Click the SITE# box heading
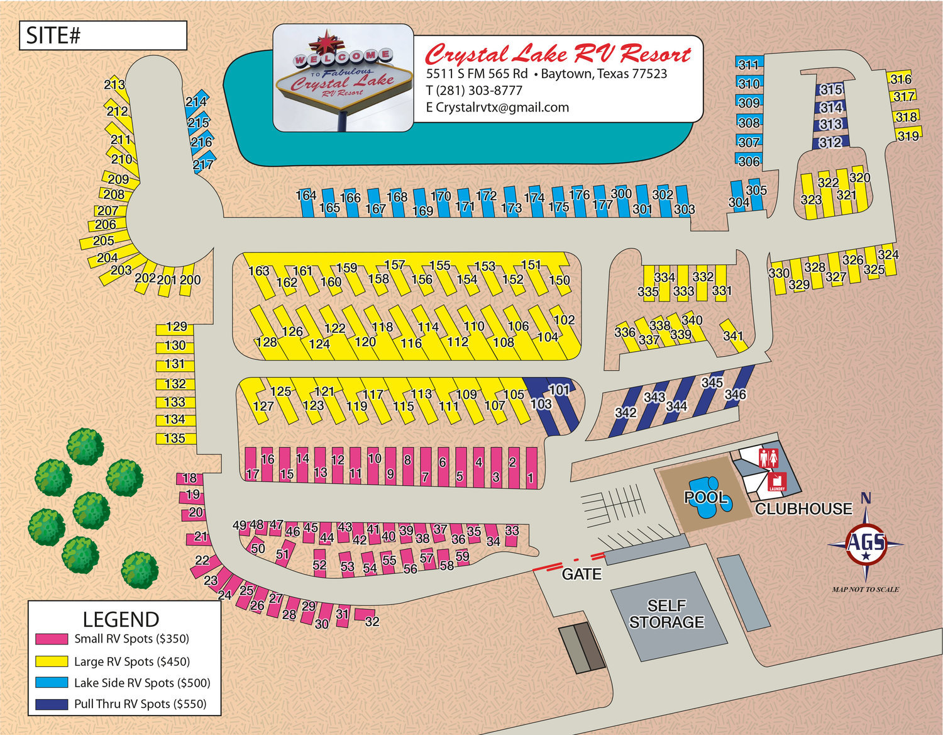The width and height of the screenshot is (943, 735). tap(54, 36)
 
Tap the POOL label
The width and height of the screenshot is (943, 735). tap(706, 498)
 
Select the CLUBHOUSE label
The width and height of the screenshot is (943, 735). tap(803, 508)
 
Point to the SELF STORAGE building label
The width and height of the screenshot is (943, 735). tap(666, 614)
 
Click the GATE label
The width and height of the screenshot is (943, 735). tap(582, 574)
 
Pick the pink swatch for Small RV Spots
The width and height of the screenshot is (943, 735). tap(52, 639)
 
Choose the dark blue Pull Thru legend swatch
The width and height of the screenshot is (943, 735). tap(52, 704)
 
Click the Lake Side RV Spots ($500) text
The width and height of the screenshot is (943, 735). tap(142, 683)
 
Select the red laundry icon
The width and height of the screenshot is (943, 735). tap(776, 482)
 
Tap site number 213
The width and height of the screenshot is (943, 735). tap(114, 84)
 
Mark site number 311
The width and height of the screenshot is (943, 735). tap(748, 64)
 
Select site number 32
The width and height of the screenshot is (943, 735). tap(372, 621)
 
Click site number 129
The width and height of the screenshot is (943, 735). tap(176, 327)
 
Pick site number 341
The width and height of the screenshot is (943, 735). tap(733, 335)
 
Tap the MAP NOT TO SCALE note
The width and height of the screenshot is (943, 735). tap(865, 590)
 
